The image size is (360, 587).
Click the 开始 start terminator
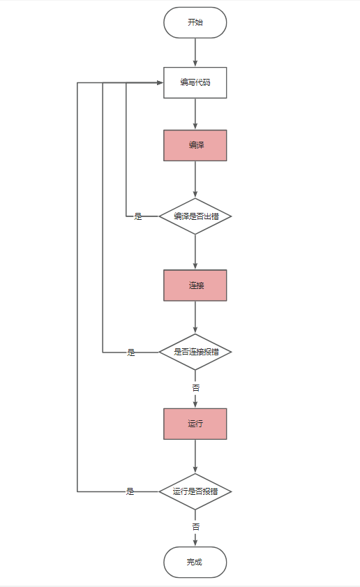[x=195, y=22]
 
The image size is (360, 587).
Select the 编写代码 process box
[x=195, y=83]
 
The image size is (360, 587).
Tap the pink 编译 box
[x=195, y=145]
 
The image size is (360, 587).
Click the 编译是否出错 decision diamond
[x=195, y=216]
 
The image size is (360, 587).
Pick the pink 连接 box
[x=195, y=285]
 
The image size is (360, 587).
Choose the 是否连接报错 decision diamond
[x=195, y=352]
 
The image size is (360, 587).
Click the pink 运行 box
[x=195, y=424]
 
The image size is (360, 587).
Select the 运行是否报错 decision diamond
[x=195, y=491]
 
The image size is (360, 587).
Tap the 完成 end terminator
[x=195, y=562]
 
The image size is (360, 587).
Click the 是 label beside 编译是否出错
[x=138, y=216]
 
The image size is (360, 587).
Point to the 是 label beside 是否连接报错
[x=131, y=352]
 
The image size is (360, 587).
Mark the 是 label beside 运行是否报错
[x=130, y=491]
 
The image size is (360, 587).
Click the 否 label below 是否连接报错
[x=196, y=388]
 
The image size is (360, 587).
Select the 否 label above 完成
[x=196, y=527]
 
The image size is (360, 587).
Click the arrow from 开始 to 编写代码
[x=195, y=52]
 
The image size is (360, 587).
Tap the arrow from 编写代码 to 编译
[x=195, y=114]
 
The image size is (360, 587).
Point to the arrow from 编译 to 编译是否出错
[x=195, y=179]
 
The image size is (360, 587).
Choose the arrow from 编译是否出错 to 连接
[x=195, y=252]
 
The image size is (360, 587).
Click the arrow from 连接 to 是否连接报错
[x=195, y=318]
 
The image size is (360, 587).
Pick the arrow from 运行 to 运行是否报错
[x=195, y=456]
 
